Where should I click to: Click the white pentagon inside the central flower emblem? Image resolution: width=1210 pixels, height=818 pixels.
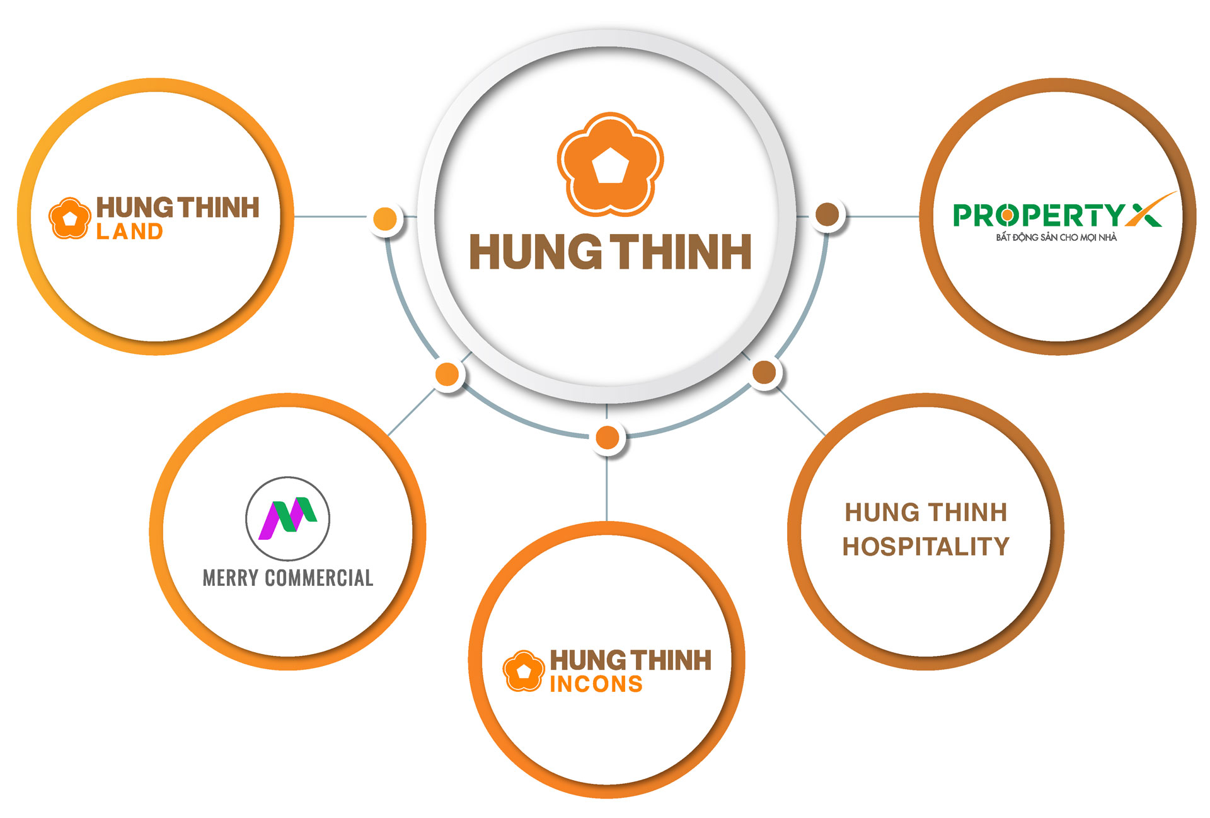pos(610,166)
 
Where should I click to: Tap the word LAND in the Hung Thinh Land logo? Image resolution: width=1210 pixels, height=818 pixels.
pos(130,232)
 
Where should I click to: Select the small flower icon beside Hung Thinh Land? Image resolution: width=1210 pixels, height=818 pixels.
pos(69,218)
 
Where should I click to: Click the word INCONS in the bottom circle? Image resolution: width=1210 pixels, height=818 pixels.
pos(596,684)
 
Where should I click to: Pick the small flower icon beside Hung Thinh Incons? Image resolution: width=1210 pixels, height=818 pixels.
pos(523,670)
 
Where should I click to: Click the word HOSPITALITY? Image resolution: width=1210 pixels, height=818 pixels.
pos(926,546)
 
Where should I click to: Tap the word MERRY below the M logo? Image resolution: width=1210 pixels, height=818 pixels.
pos(231,578)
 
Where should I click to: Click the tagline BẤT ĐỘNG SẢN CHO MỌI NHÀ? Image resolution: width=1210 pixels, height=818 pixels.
pos(1056,238)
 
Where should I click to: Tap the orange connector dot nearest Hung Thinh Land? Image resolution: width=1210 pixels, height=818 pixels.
pos(385,219)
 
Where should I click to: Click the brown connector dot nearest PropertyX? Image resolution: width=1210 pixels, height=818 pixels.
pos(827,214)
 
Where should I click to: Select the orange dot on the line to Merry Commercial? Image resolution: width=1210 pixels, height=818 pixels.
pos(447,374)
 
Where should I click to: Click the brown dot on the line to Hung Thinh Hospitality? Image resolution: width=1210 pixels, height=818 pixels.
pos(764,372)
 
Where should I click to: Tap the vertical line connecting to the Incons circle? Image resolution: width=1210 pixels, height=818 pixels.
pos(606,489)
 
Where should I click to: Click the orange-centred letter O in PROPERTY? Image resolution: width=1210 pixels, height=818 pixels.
pos(1008,216)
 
